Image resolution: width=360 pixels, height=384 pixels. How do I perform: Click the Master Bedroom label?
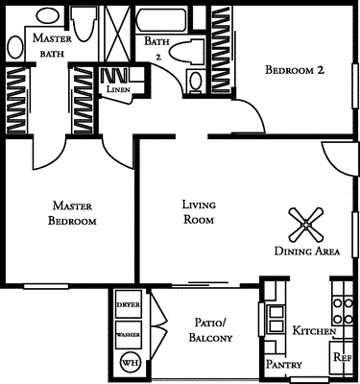(74, 212)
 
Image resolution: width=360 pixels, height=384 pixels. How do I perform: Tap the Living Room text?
(198, 211)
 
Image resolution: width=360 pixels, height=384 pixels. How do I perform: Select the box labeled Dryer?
(128, 304)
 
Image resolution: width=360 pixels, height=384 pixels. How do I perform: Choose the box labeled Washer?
(128, 334)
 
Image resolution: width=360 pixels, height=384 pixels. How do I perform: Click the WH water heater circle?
(129, 363)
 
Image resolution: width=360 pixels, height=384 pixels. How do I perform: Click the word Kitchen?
(314, 330)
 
